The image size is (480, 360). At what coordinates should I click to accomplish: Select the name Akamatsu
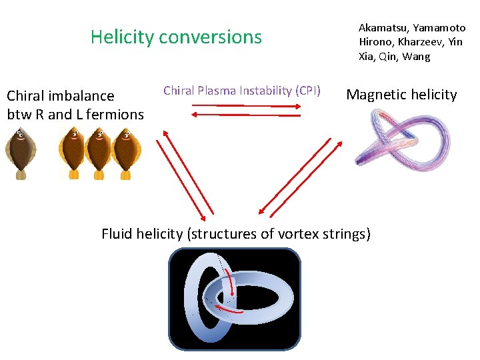[x=383, y=28]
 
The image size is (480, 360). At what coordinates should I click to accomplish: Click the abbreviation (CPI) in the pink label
[x=307, y=90]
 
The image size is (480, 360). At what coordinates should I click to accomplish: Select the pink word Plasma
[x=217, y=90]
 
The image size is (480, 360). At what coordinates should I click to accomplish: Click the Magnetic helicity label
[x=401, y=95]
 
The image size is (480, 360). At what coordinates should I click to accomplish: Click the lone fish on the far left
[x=21, y=153]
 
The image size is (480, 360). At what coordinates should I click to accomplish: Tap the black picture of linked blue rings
[x=234, y=299]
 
